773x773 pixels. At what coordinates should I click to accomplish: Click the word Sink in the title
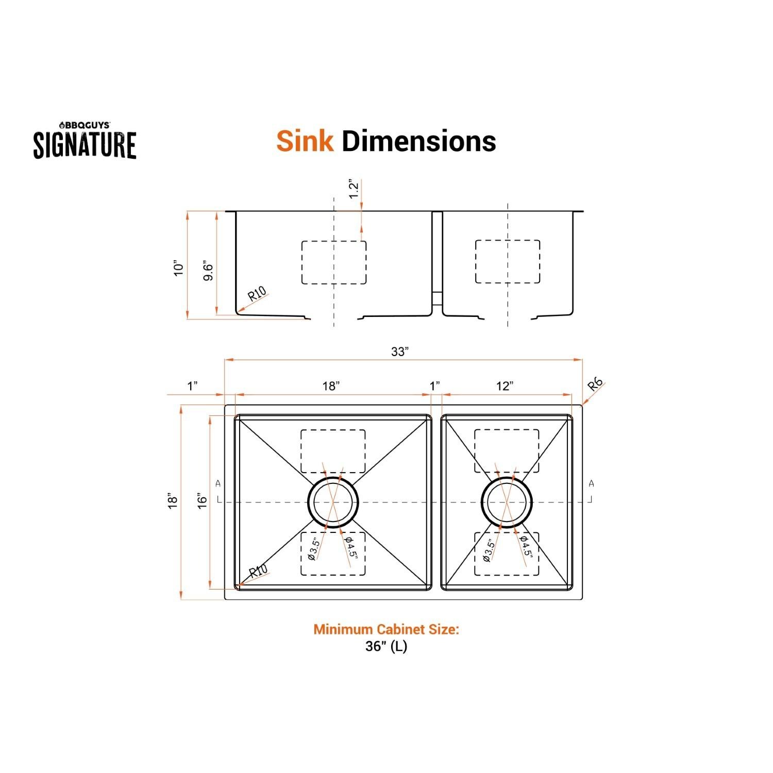(305, 141)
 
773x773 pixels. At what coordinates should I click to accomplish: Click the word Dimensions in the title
(418, 141)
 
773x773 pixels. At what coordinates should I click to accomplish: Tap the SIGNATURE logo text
(85, 145)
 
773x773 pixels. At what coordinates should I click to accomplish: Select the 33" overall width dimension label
(399, 351)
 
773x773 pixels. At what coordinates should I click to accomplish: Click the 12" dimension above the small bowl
(505, 386)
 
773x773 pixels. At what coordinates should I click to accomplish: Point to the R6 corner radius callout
(596, 384)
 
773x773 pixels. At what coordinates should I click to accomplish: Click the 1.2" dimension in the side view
(353, 190)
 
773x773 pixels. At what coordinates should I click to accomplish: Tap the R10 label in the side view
(257, 295)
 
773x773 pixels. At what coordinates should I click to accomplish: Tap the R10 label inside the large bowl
(258, 573)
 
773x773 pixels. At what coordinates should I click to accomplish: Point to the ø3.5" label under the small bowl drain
(489, 550)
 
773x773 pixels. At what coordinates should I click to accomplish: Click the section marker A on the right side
(591, 483)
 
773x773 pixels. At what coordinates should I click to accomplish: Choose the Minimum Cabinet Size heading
(386, 629)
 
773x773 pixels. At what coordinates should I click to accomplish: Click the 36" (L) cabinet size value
(386, 646)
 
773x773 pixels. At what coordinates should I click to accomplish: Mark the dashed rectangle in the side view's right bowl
(508, 262)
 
